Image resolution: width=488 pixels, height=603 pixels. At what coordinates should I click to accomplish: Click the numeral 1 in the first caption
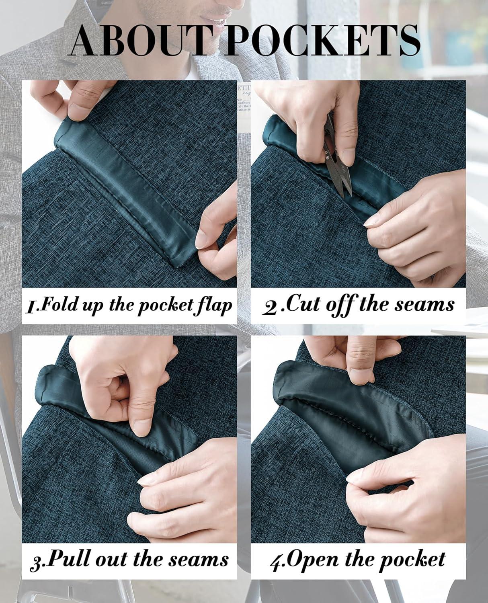31,308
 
